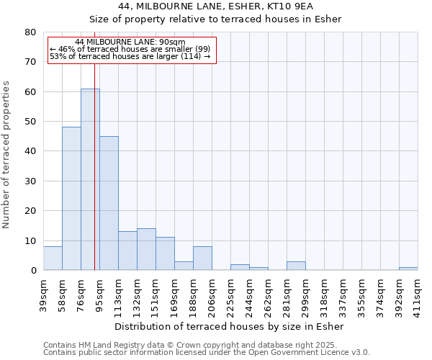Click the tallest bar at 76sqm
click(90, 179)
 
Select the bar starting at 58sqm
click(71, 199)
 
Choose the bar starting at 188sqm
click(202, 258)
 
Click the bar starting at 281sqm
click(296, 266)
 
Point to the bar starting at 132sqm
click(146, 249)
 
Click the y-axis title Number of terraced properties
click(7, 154)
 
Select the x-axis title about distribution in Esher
click(230, 327)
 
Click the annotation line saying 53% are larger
click(130, 56)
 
